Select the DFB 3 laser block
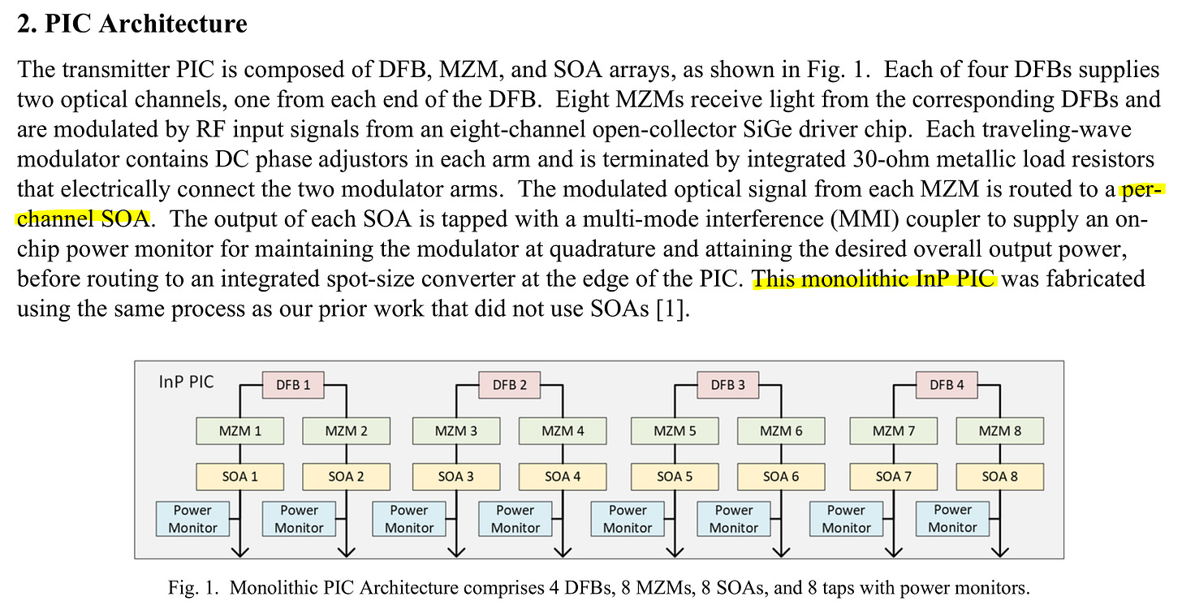tap(727, 384)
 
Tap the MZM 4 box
tap(563, 430)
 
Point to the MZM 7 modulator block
tap(893, 430)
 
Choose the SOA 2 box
tap(346, 476)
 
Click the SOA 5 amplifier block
tap(675, 476)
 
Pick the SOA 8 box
tap(999, 476)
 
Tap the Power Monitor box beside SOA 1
tap(192, 519)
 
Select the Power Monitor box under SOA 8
tap(952, 519)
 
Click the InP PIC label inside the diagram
tap(186, 381)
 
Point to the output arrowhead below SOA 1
tap(241, 551)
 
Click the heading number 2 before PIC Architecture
tap(26, 24)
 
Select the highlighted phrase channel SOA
tap(84, 218)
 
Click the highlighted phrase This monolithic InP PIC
tap(874, 279)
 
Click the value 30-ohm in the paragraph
tap(814, 159)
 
